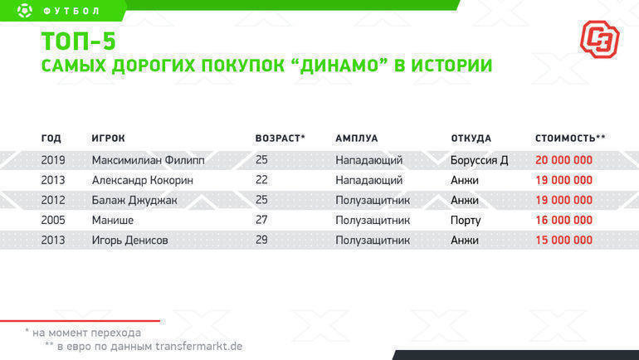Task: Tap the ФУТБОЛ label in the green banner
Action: (x=71, y=11)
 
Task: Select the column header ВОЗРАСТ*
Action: (x=280, y=139)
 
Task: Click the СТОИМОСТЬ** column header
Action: (x=570, y=139)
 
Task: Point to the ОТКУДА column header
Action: (x=471, y=139)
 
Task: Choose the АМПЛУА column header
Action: (x=356, y=139)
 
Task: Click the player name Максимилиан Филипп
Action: (x=148, y=160)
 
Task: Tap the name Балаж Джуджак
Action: (x=134, y=200)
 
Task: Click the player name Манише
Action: (x=113, y=220)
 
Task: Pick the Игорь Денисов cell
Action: (x=129, y=241)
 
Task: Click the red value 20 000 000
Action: (x=563, y=160)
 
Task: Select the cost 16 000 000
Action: (x=563, y=220)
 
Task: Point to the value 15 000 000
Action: (x=563, y=241)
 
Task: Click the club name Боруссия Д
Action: (x=479, y=160)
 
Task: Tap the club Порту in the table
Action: (x=466, y=220)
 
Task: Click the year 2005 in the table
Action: (x=53, y=220)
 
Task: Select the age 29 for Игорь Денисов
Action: (x=262, y=241)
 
